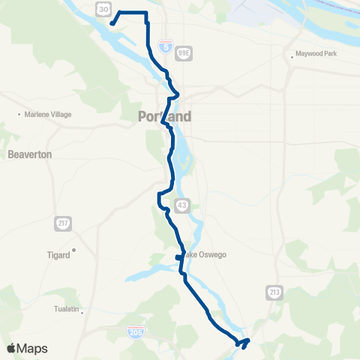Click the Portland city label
click(164, 117)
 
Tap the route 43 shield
click(182, 205)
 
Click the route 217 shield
click(62, 223)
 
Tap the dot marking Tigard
click(74, 250)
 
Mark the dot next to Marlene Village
click(19, 115)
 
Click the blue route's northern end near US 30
click(112, 23)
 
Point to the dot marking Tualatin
click(82, 313)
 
